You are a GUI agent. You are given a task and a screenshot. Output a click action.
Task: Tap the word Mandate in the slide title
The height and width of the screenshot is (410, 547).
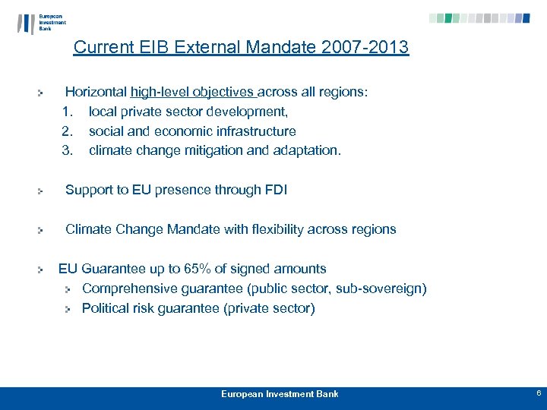(x=279, y=48)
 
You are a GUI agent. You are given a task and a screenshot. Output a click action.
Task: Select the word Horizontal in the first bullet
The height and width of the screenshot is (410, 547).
(x=96, y=93)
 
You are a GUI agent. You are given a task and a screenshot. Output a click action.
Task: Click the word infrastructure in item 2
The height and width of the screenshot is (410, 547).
(x=258, y=131)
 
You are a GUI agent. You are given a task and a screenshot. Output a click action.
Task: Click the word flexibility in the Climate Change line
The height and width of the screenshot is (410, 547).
(x=268, y=229)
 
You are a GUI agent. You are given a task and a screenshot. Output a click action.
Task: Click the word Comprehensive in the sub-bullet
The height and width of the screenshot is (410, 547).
(x=127, y=289)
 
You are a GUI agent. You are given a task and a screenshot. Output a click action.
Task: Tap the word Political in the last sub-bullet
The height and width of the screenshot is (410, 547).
(x=105, y=308)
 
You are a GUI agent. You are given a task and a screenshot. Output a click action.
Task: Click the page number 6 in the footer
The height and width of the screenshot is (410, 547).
(x=538, y=393)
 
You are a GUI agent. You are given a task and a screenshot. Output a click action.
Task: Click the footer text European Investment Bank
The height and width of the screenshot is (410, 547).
(x=280, y=394)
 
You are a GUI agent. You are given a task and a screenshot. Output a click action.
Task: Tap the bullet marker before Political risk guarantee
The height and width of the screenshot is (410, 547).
(x=68, y=309)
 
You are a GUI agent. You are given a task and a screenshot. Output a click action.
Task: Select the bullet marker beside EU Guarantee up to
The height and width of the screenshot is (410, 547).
(x=43, y=270)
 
